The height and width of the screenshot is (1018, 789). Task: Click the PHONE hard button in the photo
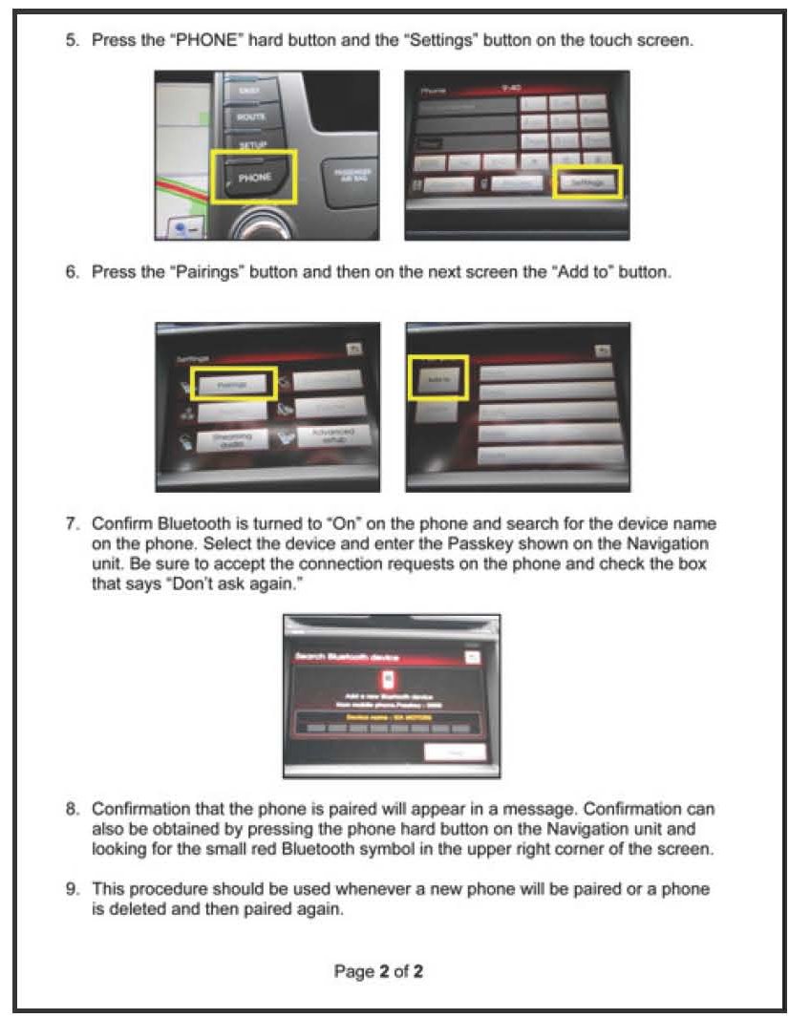(x=254, y=176)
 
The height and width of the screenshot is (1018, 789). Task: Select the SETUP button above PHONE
(x=251, y=143)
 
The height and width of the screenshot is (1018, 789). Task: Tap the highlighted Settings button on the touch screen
(x=587, y=181)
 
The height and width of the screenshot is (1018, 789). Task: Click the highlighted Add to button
(x=437, y=375)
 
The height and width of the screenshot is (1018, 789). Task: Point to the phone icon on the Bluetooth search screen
(x=387, y=680)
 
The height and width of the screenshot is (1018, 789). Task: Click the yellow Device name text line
(x=391, y=715)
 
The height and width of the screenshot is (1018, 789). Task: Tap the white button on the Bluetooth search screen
(x=455, y=752)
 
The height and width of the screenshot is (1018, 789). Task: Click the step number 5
(x=72, y=44)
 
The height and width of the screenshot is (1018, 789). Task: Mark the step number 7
(x=72, y=524)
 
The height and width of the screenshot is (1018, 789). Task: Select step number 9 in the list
(x=72, y=889)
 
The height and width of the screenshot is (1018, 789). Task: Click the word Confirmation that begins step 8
(x=141, y=809)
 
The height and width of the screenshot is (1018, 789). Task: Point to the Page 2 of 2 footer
(x=378, y=971)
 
